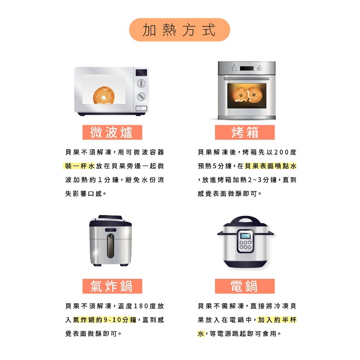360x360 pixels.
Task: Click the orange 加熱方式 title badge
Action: (180, 30)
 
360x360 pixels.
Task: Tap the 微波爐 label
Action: (112, 132)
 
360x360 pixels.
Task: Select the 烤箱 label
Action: (245, 132)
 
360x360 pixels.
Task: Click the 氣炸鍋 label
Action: (112, 286)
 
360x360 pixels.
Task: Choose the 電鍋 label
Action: (245, 286)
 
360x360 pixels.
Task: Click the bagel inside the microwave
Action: (104, 95)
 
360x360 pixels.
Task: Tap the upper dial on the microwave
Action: (141, 83)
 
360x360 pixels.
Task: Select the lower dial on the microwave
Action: (141, 96)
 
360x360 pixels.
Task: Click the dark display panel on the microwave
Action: (141, 72)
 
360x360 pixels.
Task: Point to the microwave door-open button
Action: (141, 108)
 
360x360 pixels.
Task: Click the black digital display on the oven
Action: (247, 68)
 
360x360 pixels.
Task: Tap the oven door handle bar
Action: (247, 79)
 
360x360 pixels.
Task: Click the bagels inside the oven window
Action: (247, 95)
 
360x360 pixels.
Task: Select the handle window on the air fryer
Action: (110, 246)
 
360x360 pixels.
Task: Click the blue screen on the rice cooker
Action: (245, 236)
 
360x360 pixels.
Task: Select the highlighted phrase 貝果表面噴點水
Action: (271, 166)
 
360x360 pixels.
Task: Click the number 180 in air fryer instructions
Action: (141, 306)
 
